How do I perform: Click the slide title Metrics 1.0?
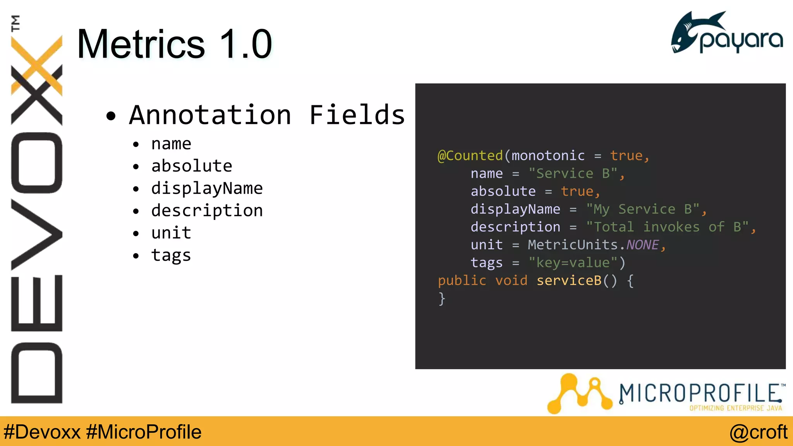(x=174, y=44)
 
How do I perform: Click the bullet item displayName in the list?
(x=207, y=189)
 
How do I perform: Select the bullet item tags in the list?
(x=171, y=256)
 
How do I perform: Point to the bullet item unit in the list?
(x=171, y=233)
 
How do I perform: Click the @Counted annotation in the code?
(x=470, y=156)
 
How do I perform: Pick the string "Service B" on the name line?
(x=573, y=173)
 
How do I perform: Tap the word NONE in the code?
(x=642, y=245)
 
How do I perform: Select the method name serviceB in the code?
(x=569, y=280)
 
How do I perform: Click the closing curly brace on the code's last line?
(x=442, y=298)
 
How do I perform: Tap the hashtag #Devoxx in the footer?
(x=42, y=432)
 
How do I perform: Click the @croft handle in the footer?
(x=758, y=432)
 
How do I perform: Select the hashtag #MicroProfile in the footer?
(x=144, y=432)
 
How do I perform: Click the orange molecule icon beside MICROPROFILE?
(x=579, y=393)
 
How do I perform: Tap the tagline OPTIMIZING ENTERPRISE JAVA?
(x=735, y=408)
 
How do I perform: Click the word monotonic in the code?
(x=548, y=156)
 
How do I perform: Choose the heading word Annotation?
(x=210, y=115)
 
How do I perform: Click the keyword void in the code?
(x=511, y=280)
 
